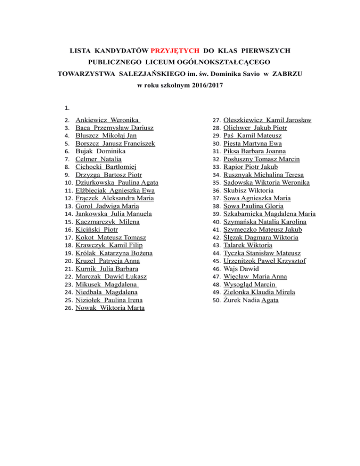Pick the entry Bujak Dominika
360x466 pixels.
coord(97,151)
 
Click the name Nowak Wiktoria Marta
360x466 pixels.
coord(110,308)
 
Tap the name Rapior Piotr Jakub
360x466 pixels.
coord(251,167)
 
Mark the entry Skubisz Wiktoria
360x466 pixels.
coord(247,191)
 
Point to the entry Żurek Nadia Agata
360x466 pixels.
coord(251,300)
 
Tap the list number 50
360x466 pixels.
coord(216,300)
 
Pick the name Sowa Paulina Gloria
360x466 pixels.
coord(254,206)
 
